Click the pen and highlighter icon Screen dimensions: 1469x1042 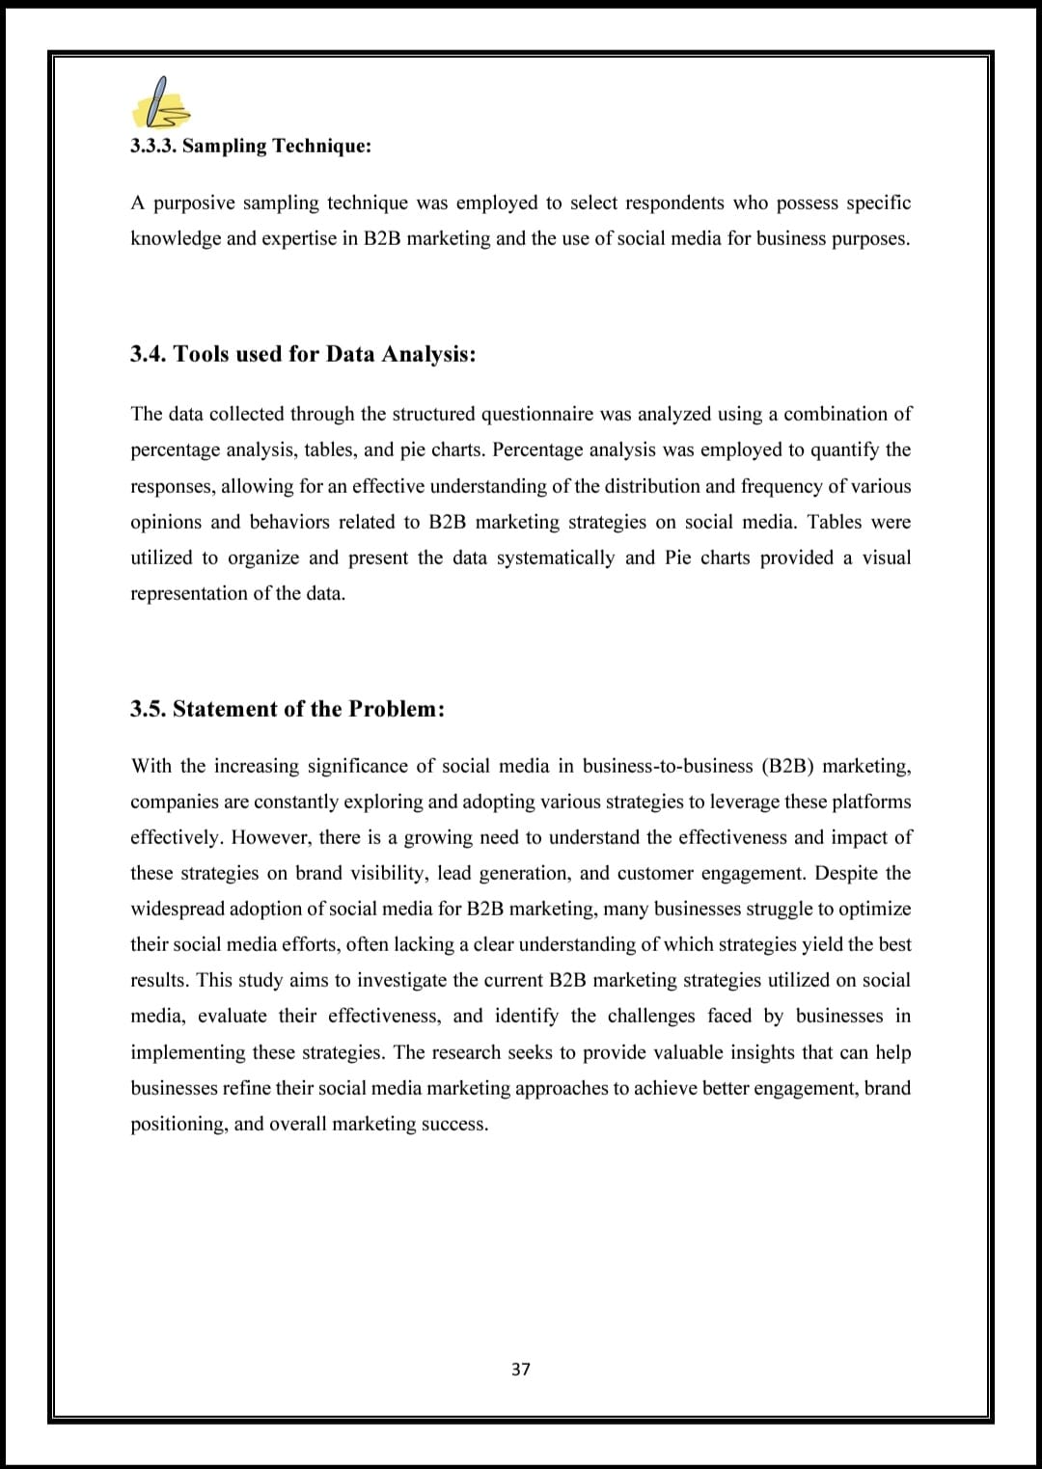pos(161,104)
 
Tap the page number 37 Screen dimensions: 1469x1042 pos(521,1369)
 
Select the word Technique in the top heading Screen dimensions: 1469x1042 pos(320,147)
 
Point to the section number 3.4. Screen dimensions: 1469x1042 pos(148,354)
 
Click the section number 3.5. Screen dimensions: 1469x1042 pos(148,709)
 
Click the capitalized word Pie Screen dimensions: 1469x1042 pos(677,558)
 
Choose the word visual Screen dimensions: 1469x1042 pos(884,558)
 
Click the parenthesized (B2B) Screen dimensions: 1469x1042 pos(786,766)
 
